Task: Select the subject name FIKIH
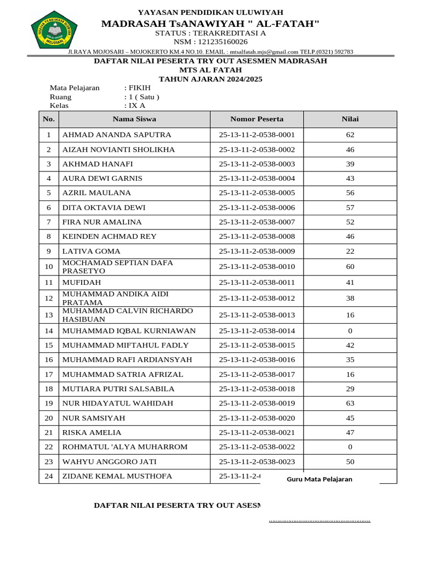(x=139, y=88)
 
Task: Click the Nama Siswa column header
(x=134, y=119)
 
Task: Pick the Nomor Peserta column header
(x=257, y=119)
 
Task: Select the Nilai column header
(x=350, y=119)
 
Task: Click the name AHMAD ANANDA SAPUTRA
(x=117, y=135)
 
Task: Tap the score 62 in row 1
(x=350, y=135)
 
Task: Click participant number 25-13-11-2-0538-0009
(x=257, y=251)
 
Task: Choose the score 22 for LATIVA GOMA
(x=350, y=251)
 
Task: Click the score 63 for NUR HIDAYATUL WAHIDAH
(x=350, y=403)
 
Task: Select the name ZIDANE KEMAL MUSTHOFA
(x=117, y=476)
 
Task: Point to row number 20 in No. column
(x=49, y=418)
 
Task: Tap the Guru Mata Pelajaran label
(x=320, y=479)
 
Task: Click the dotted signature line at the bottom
(x=320, y=520)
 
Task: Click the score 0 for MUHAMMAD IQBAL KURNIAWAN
(x=350, y=331)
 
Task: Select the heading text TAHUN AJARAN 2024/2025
(x=210, y=79)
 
